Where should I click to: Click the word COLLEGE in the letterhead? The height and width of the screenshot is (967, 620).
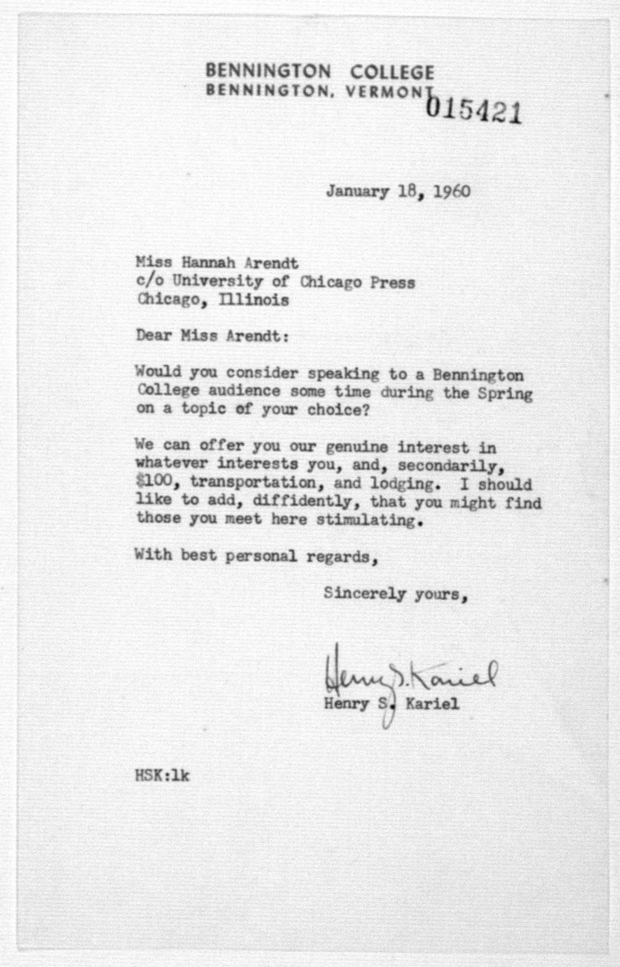(392, 72)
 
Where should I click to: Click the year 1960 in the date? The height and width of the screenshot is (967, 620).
(452, 191)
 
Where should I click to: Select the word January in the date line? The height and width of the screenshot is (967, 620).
(357, 191)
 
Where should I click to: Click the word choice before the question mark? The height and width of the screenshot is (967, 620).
(333, 410)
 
